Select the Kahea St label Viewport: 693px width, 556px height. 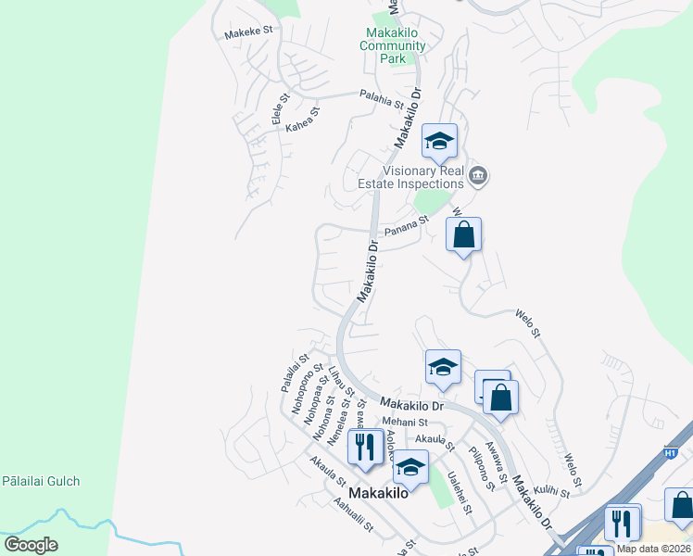[x=303, y=119]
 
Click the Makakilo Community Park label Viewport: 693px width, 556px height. [x=393, y=45]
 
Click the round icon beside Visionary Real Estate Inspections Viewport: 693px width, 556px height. [x=478, y=175]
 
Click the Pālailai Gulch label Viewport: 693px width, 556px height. [x=40, y=481]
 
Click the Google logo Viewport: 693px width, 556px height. [x=31, y=545]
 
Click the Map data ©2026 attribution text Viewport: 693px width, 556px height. [x=653, y=549]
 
